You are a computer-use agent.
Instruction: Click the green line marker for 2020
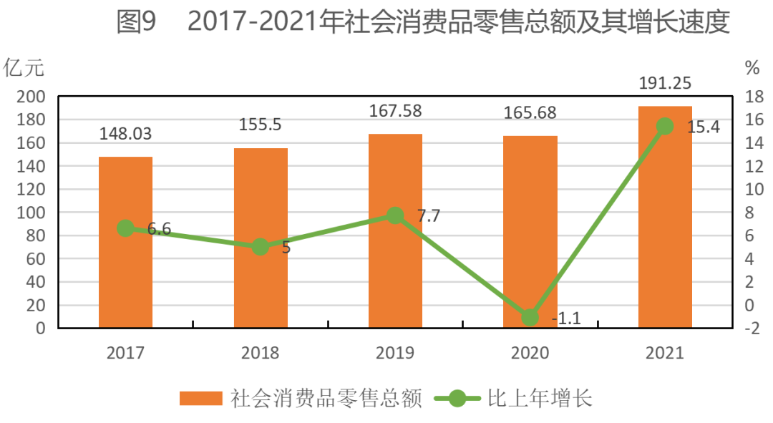coord(530,317)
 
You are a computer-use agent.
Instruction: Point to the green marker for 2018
coord(261,247)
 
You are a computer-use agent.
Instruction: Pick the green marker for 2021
coord(665,126)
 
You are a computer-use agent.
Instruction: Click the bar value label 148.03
coord(125,134)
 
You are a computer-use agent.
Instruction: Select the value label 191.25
coord(665,83)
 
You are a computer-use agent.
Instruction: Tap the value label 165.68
coord(530,113)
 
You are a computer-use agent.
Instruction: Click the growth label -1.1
coord(566,319)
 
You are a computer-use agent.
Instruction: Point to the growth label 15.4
coord(702,128)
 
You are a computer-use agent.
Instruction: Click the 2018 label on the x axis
coord(261,353)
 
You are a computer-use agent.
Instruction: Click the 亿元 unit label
coord(24,69)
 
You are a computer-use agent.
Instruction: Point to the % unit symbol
coord(752,69)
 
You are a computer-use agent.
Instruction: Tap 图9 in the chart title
coord(136,23)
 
